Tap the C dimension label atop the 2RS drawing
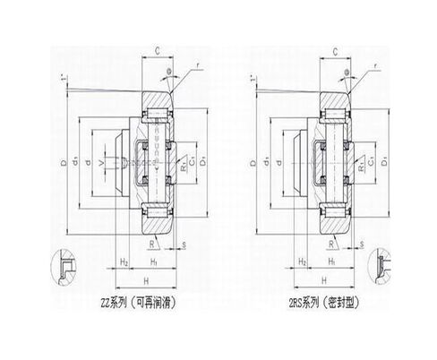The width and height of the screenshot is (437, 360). [344, 50]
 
